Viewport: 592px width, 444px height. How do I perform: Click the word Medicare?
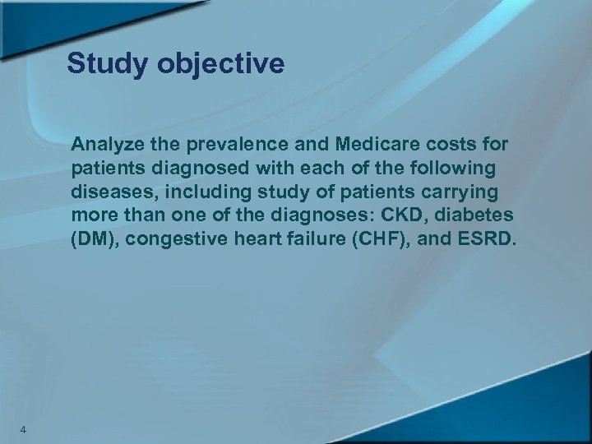[x=377, y=146]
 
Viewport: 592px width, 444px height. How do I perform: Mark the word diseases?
[x=107, y=192]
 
